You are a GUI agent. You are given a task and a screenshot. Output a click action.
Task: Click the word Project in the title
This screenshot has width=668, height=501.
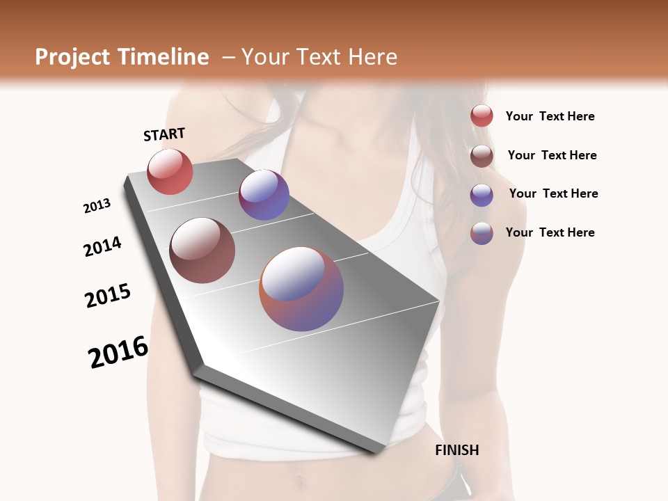point(70,57)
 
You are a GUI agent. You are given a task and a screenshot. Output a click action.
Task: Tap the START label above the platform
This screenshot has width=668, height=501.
point(164,134)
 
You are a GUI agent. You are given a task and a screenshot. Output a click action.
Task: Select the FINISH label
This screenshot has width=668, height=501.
point(456,450)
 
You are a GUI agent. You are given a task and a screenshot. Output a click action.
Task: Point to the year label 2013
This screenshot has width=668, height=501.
point(97,206)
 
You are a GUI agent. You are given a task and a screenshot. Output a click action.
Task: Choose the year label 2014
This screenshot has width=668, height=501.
point(102,246)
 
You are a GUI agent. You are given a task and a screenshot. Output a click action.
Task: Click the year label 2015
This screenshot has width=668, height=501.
point(108,296)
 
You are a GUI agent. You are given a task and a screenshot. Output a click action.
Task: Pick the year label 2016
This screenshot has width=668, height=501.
point(118,352)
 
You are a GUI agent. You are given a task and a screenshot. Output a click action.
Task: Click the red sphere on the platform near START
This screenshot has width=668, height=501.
point(170,171)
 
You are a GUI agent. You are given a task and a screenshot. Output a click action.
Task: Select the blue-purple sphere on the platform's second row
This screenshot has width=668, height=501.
point(264,195)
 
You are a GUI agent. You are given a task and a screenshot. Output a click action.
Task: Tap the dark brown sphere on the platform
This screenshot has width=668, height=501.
point(202,250)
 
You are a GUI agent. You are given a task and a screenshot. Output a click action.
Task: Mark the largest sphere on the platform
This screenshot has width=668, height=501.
point(301,289)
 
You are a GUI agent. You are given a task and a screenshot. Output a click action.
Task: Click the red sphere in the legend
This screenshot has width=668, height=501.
point(482,116)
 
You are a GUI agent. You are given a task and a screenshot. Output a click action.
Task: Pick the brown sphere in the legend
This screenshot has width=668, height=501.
point(482,156)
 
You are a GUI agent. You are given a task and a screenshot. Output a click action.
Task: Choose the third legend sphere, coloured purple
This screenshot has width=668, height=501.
point(482,195)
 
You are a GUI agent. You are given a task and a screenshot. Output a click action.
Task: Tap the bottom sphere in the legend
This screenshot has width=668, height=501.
point(482,233)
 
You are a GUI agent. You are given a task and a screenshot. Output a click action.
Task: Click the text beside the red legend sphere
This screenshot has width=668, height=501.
point(550,116)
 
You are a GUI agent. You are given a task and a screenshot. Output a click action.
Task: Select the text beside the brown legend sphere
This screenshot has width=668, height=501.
point(552,155)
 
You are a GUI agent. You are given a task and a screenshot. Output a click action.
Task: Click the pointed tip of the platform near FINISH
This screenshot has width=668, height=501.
point(376,452)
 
